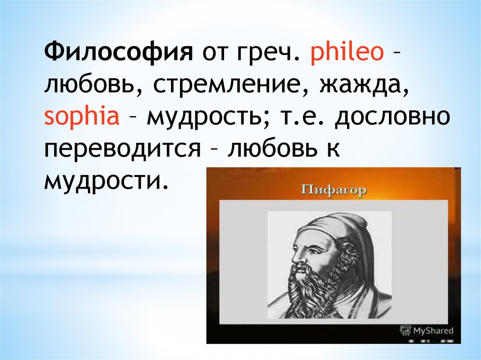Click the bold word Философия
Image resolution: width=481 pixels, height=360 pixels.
click(x=119, y=52)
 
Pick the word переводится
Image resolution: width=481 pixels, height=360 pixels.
click(x=123, y=150)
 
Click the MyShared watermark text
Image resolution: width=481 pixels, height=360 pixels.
click(x=433, y=330)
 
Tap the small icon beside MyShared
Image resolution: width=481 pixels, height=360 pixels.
click(x=405, y=330)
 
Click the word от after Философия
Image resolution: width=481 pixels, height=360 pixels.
click(x=215, y=53)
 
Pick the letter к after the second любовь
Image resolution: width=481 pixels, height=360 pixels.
click(x=334, y=150)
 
